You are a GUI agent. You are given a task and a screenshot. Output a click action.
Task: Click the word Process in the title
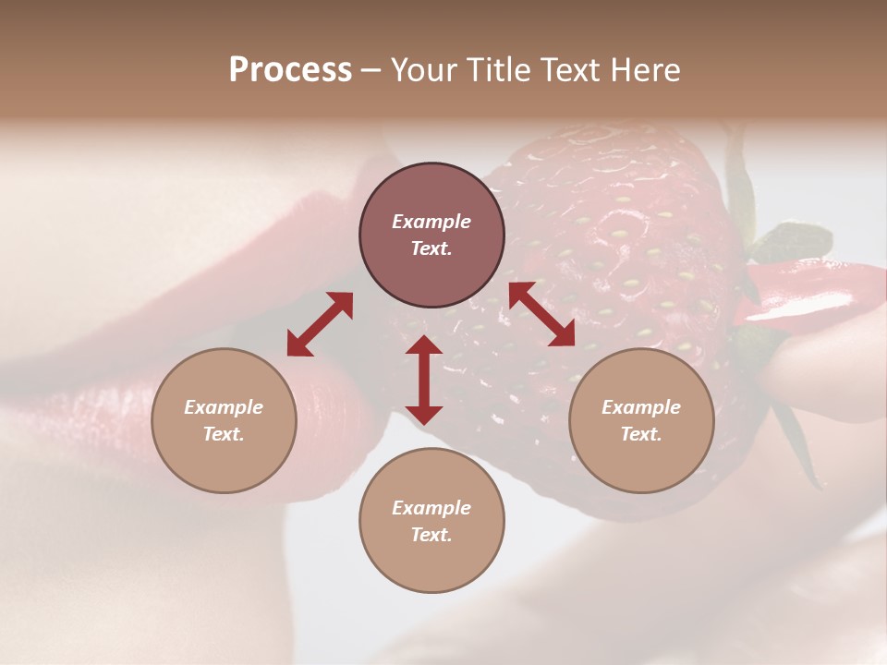(290, 70)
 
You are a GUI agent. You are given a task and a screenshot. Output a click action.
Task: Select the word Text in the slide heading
(572, 70)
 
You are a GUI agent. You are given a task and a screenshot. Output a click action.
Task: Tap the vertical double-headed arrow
(424, 380)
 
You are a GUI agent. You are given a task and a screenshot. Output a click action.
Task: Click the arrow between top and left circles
(320, 323)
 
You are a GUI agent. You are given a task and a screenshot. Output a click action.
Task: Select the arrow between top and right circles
(542, 314)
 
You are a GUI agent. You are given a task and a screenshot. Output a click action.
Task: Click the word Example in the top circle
(431, 222)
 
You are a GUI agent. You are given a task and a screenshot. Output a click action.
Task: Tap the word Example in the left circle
(224, 407)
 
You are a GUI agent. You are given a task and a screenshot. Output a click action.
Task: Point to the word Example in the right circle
(641, 407)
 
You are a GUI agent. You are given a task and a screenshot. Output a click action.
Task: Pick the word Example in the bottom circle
(431, 508)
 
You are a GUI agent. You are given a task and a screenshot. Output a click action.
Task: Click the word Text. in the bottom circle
(431, 536)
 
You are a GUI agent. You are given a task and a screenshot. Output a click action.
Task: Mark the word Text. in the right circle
(641, 434)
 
